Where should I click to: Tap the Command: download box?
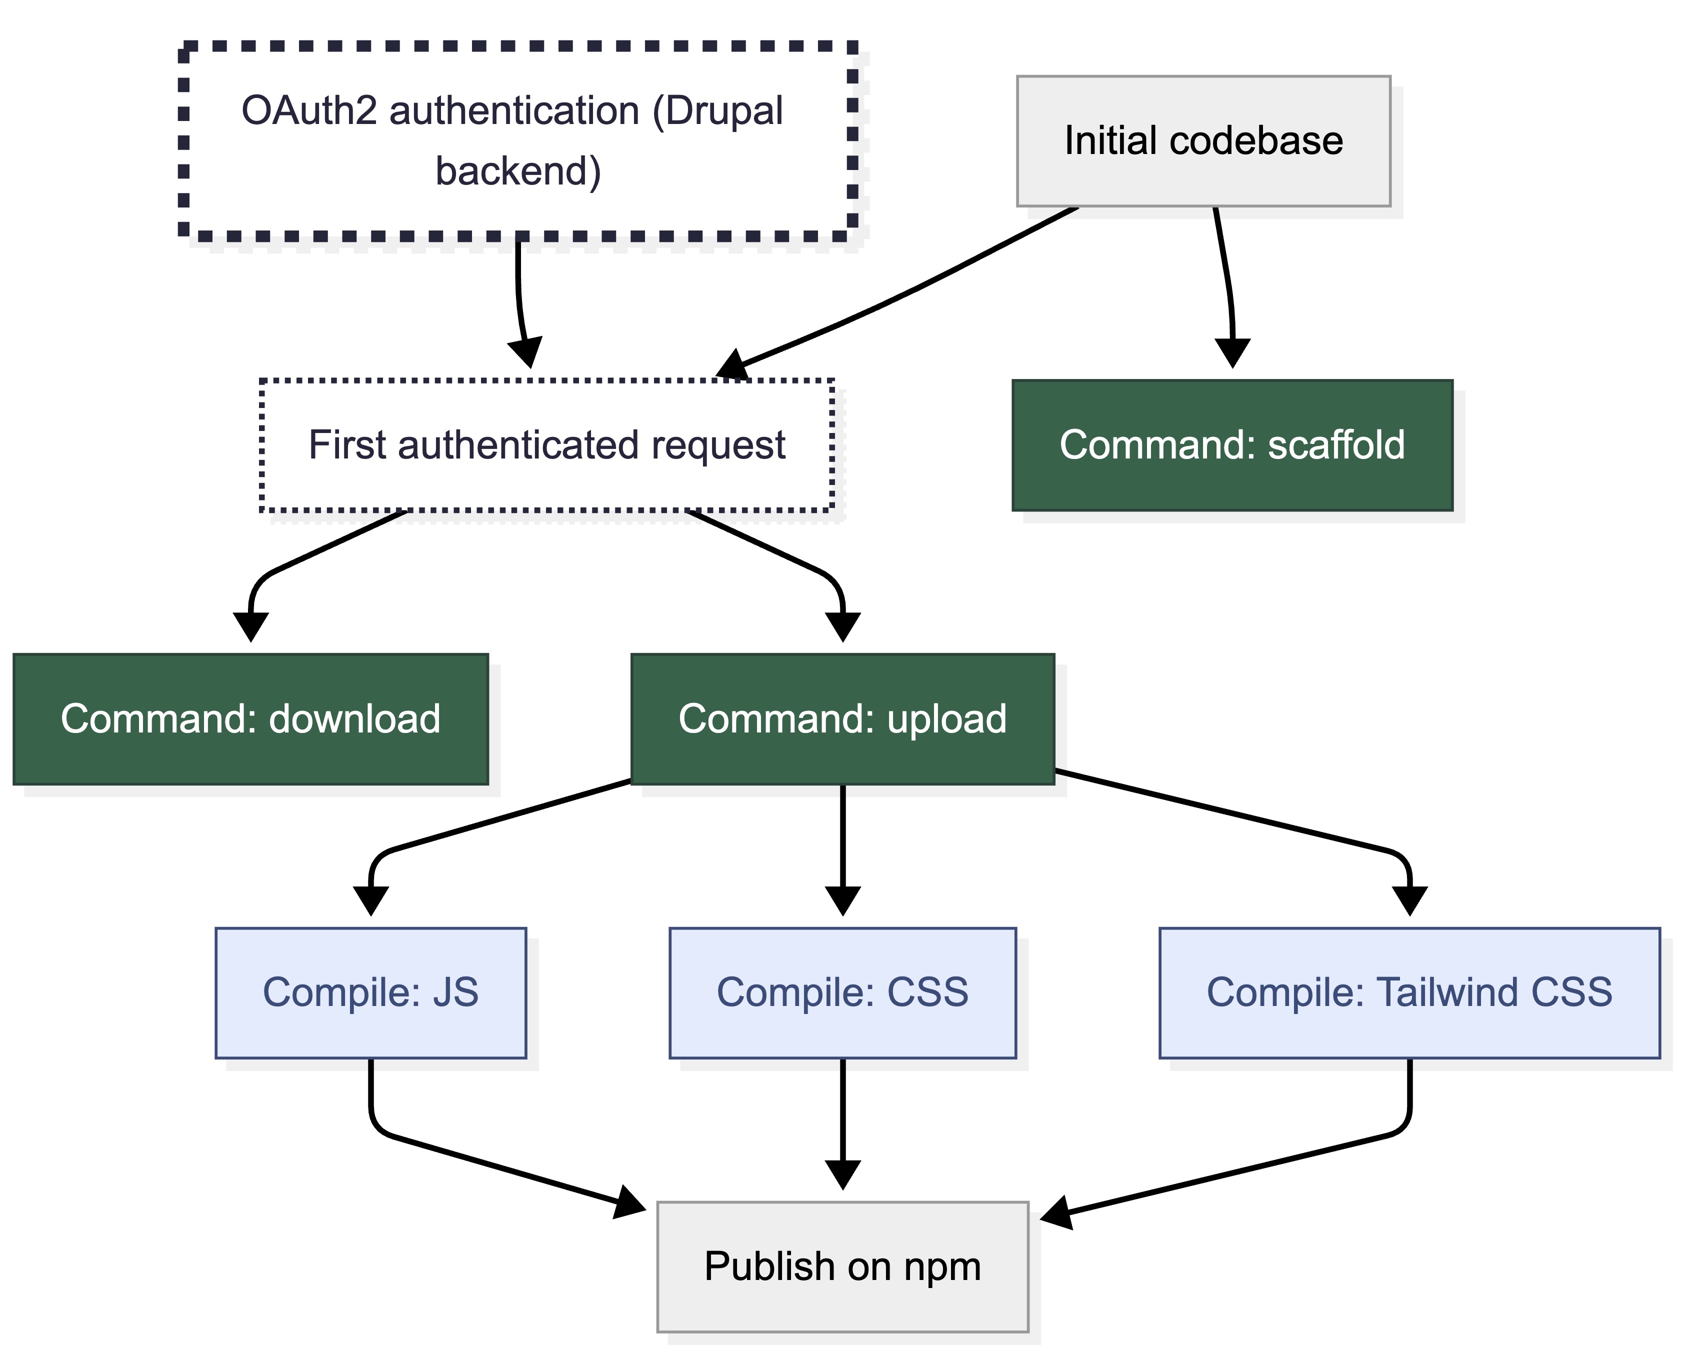250,718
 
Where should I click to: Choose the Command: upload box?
842,718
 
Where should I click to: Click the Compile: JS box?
370,992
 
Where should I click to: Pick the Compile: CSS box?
842,992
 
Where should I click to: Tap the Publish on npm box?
842,1267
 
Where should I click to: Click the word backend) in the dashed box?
518,171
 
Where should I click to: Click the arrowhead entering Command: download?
250,626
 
